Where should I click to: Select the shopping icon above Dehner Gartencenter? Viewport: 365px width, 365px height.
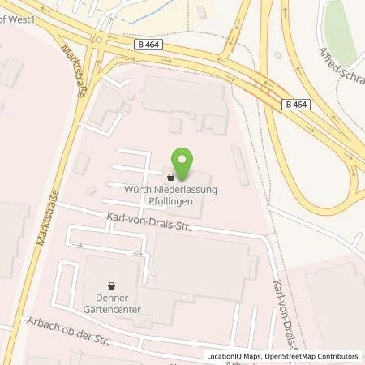coord(112,285)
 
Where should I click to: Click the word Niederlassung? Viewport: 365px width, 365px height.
coord(193,190)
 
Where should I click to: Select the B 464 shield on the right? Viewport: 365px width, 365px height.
coord(297,104)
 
